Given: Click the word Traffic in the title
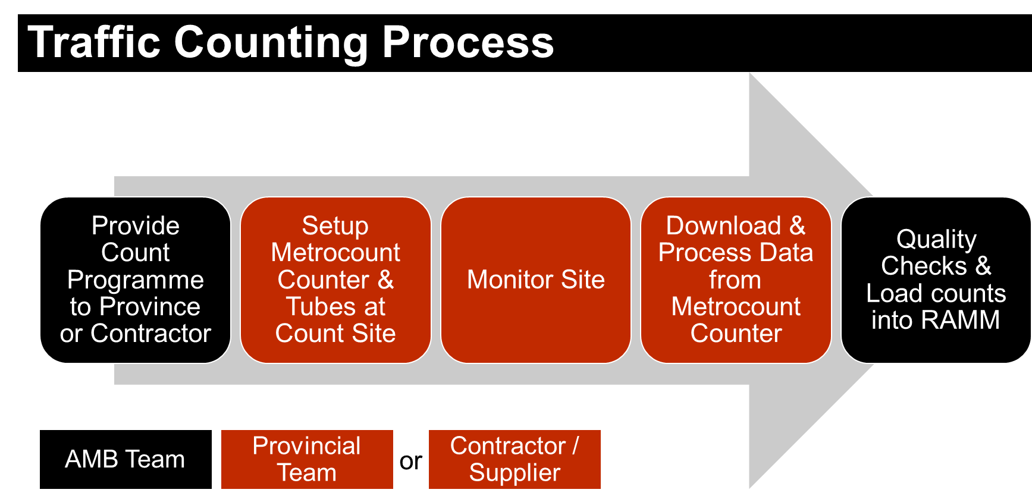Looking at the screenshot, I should pos(94,43).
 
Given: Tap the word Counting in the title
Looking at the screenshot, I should pos(271,43).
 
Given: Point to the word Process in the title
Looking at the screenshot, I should pos(468,43).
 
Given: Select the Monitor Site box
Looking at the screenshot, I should pos(535,280).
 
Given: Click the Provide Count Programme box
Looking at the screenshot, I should pos(135,280).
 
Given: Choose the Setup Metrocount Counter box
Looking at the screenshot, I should pos(335,280).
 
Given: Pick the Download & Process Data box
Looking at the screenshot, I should pos(735,280).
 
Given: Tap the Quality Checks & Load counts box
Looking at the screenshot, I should pos(936,280).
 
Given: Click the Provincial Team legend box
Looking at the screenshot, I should pos(307,459).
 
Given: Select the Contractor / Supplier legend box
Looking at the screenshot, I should pos(515,459).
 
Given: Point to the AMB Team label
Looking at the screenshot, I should pos(125,459).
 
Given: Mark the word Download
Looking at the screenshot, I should pos(723,226).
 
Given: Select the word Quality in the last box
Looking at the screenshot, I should pos(936,240).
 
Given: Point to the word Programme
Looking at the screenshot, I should pos(136,280).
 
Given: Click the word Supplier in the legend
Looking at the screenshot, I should pos(515,473).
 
